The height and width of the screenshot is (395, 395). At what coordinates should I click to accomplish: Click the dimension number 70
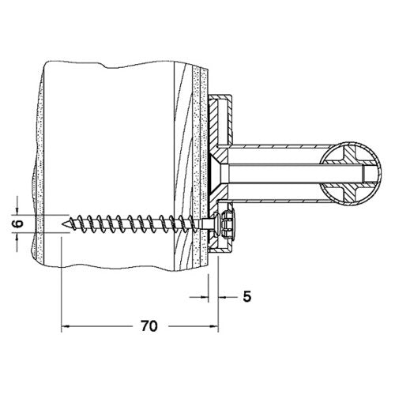coord(149,326)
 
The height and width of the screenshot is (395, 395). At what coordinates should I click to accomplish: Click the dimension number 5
coord(247,297)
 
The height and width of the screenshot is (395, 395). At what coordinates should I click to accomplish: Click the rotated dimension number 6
coord(18,224)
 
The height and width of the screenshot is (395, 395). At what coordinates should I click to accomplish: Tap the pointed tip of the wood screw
coord(62,224)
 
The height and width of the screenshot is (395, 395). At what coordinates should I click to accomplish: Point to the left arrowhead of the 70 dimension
coord(65,326)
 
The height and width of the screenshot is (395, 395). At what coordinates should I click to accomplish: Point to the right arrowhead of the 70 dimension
coord(215,326)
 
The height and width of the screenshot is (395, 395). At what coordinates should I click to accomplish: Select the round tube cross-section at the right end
coord(351,173)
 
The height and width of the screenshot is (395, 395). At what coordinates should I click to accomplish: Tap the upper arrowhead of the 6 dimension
coord(17,211)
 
